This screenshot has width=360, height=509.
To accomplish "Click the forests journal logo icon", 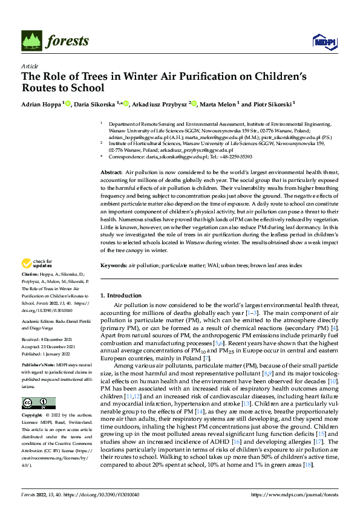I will click(34, 40).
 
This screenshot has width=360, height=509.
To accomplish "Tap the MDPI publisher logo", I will click(321, 41).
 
